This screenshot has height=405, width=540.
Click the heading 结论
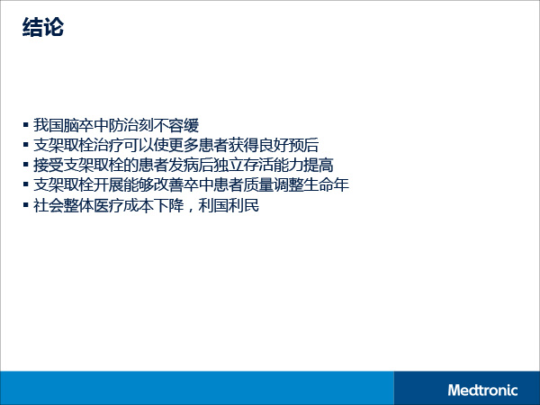coord(43,27)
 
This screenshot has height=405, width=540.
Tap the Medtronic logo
coord(482,391)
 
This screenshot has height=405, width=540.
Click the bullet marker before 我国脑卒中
coord(26,124)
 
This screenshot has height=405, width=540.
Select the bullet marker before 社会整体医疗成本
coord(26,205)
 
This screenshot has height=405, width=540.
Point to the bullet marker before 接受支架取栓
coord(26,165)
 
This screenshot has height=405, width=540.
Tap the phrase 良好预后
coord(289,145)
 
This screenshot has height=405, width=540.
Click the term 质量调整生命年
coord(296,185)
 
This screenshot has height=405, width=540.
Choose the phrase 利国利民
coord(229,205)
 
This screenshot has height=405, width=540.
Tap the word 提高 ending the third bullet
coord(319,166)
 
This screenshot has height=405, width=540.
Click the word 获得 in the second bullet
coord(244,145)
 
